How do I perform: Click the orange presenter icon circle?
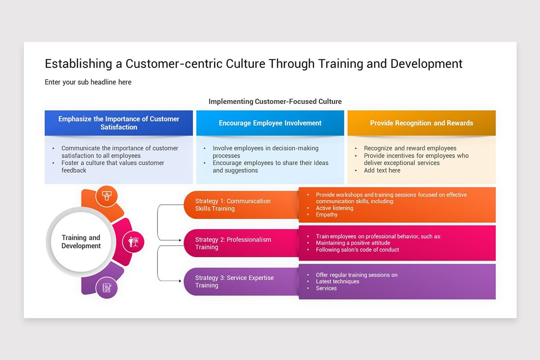coord(107,196)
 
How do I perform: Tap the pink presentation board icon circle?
coord(133,242)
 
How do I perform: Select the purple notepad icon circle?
coord(107,288)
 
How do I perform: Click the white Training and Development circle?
coord(81,242)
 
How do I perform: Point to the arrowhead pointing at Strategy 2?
coord(180,240)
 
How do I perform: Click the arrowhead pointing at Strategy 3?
coord(180,281)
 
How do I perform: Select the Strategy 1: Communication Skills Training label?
coord(233,205)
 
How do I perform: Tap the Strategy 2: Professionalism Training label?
coord(233,243)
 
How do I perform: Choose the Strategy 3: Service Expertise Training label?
coord(234,281)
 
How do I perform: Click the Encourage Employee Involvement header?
coord(270,123)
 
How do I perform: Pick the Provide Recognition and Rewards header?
coord(422,123)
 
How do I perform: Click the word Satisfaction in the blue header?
coord(119,127)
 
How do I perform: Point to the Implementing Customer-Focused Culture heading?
coord(275,102)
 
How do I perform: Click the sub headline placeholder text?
coord(88,82)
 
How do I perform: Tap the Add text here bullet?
coord(382,171)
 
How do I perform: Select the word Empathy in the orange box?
coord(327,215)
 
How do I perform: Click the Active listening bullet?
coord(335,208)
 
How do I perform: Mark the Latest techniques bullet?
coord(337,281)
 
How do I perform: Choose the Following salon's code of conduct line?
coord(357,250)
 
